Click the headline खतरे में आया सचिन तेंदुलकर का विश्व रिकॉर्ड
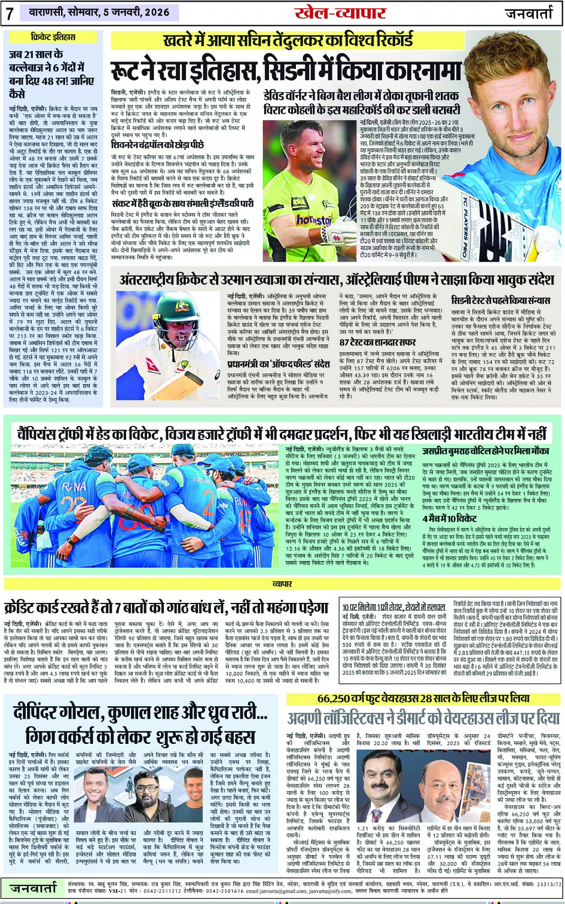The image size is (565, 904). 288,41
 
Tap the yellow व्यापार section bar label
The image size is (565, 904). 282,583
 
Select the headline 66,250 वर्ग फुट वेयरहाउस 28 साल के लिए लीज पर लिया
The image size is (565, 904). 423,698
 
